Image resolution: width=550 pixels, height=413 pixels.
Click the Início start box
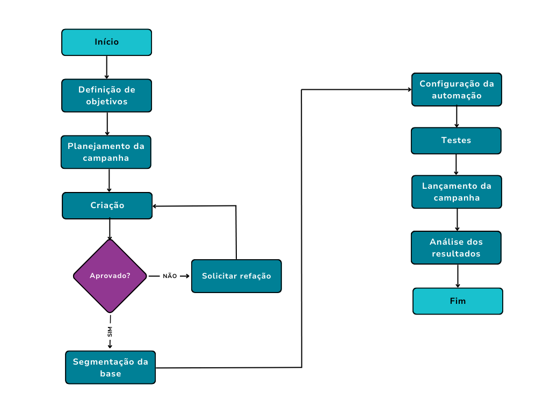pos(106,42)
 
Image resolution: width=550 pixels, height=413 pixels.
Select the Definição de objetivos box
pos(106,96)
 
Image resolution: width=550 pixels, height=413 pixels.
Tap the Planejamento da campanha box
pos(106,152)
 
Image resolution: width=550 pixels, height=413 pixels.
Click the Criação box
pos(107,205)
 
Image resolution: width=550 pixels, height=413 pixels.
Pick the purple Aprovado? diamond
pos(110,276)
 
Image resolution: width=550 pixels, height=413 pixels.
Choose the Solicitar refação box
pos(236,276)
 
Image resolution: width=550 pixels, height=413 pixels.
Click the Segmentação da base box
pos(110,367)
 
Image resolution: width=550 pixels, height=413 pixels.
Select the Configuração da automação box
pos(457,89)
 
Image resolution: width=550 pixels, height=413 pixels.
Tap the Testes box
pos(456,140)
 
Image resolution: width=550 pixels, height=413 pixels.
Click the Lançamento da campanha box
pos(457,192)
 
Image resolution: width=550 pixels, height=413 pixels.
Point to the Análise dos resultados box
pos(456,248)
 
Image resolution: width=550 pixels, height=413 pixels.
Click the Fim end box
pos(458,301)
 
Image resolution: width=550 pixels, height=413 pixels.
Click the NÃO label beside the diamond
pos(170,276)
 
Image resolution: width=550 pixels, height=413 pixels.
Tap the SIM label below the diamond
pos(110,331)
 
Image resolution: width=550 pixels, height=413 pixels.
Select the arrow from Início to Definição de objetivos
pos(107,67)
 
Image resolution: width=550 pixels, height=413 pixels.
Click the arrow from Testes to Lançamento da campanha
pos(456,165)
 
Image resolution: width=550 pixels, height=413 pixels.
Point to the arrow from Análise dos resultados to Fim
pos(458,276)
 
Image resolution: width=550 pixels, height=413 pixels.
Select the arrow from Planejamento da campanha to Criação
pos(109,180)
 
